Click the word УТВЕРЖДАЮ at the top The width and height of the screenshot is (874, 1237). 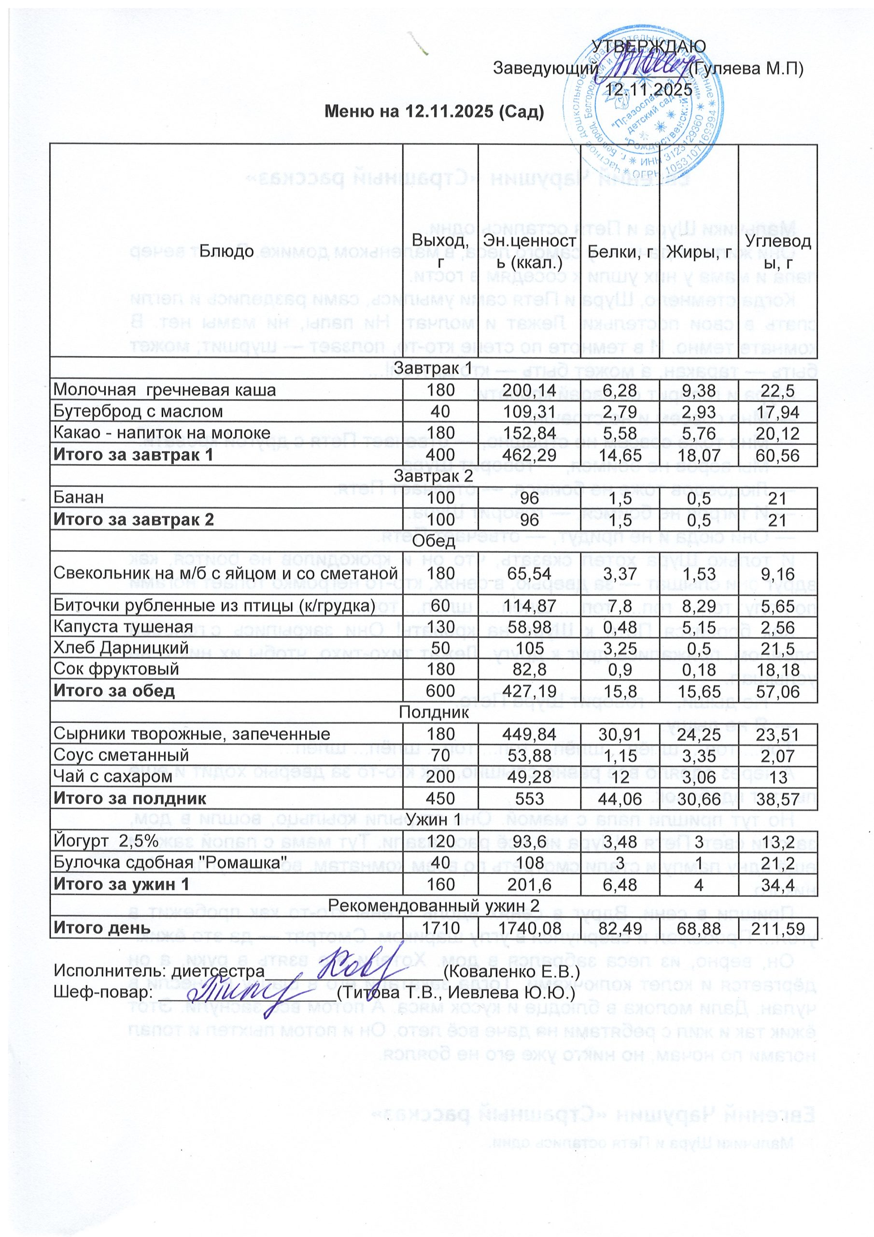[649, 46]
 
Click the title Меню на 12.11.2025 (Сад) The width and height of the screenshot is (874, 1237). [434, 112]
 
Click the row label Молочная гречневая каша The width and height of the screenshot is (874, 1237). [165, 389]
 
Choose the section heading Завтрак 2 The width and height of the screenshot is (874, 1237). [434, 476]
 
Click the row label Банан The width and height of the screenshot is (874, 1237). [79, 497]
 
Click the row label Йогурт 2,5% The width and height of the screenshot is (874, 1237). [106, 840]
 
